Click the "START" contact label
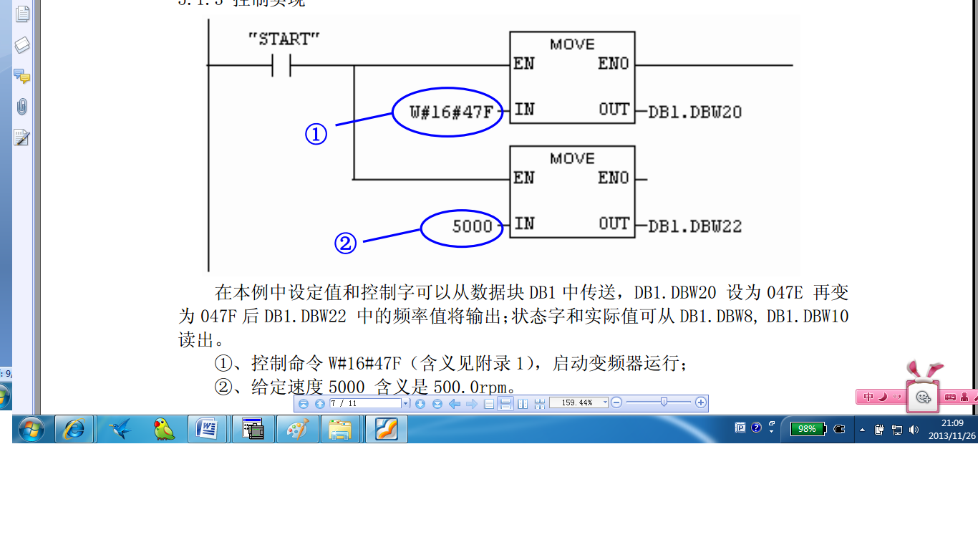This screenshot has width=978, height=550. pyautogui.click(x=284, y=39)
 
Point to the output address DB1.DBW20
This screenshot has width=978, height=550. pyautogui.click(x=694, y=112)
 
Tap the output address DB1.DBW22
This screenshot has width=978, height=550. pyautogui.click(x=694, y=227)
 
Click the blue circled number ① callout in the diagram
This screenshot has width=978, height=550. pyautogui.click(x=316, y=134)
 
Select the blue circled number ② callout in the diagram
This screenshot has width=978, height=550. pyautogui.click(x=345, y=243)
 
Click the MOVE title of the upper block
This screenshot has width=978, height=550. pyautogui.click(x=572, y=44)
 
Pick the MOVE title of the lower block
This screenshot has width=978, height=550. pyautogui.click(x=572, y=158)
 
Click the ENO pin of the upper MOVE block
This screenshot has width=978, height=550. pyautogui.click(x=614, y=64)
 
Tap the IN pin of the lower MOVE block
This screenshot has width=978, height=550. pyautogui.click(x=524, y=223)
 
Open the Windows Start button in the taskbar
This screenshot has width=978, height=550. pyautogui.click(x=31, y=429)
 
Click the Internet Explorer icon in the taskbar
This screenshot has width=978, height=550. pyautogui.click(x=74, y=429)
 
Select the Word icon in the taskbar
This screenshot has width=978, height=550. pyautogui.click(x=207, y=429)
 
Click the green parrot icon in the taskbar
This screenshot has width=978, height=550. pyautogui.click(x=164, y=429)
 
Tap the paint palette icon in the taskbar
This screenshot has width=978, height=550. pyautogui.click(x=297, y=429)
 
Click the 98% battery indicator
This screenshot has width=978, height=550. pyautogui.click(x=808, y=429)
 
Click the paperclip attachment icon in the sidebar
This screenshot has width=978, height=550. pyautogui.click(x=22, y=107)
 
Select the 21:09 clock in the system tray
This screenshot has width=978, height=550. pyautogui.click(x=952, y=423)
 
